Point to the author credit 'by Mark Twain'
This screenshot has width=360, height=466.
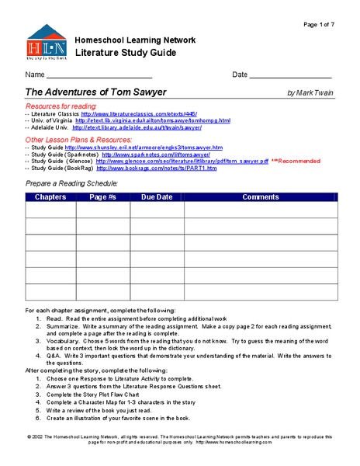pos(310,93)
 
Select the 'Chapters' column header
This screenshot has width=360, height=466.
pos(50,197)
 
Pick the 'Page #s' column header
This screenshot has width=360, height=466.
pos(102,197)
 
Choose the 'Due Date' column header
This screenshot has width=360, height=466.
pos(156,197)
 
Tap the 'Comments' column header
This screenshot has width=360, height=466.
pos(260,197)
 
